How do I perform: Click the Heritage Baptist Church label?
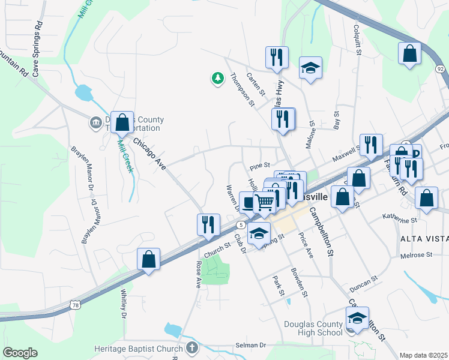click(138, 349)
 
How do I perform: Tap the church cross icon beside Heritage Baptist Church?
click(191, 348)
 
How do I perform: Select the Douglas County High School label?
click(313, 328)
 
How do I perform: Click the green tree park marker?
click(217, 78)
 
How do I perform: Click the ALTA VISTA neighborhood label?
click(424, 239)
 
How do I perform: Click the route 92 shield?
click(441, 69)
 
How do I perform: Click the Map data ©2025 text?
click(423, 355)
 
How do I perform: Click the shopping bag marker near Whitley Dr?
click(149, 259)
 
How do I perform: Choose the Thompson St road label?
click(242, 90)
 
